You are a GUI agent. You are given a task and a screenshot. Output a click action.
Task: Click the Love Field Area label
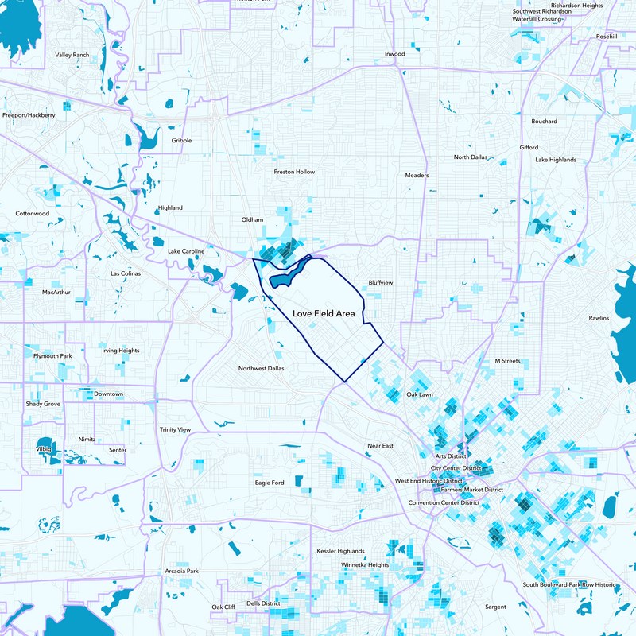click(324, 314)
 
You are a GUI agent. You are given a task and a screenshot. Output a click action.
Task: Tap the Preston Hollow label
click(294, 172)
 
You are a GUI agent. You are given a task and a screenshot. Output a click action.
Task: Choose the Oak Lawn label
click(419, 394)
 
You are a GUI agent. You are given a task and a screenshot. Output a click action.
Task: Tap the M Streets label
click(507, 361)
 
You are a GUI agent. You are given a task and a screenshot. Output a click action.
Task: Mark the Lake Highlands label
click(556, 160)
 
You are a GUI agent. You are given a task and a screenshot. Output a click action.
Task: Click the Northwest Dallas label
click(262, 368)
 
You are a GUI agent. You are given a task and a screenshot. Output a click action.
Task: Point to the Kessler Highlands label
click(340, 551)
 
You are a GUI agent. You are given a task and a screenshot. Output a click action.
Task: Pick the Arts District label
click(450, 456)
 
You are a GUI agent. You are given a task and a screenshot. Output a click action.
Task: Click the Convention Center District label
click(444, 502)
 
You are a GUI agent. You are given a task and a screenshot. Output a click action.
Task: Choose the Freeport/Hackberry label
click(29, 115)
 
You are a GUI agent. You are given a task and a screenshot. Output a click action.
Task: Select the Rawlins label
click(599, 318)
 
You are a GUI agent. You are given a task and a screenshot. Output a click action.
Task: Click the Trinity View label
click(174, 429)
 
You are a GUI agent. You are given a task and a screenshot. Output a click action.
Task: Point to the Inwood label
click(394, 53)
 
